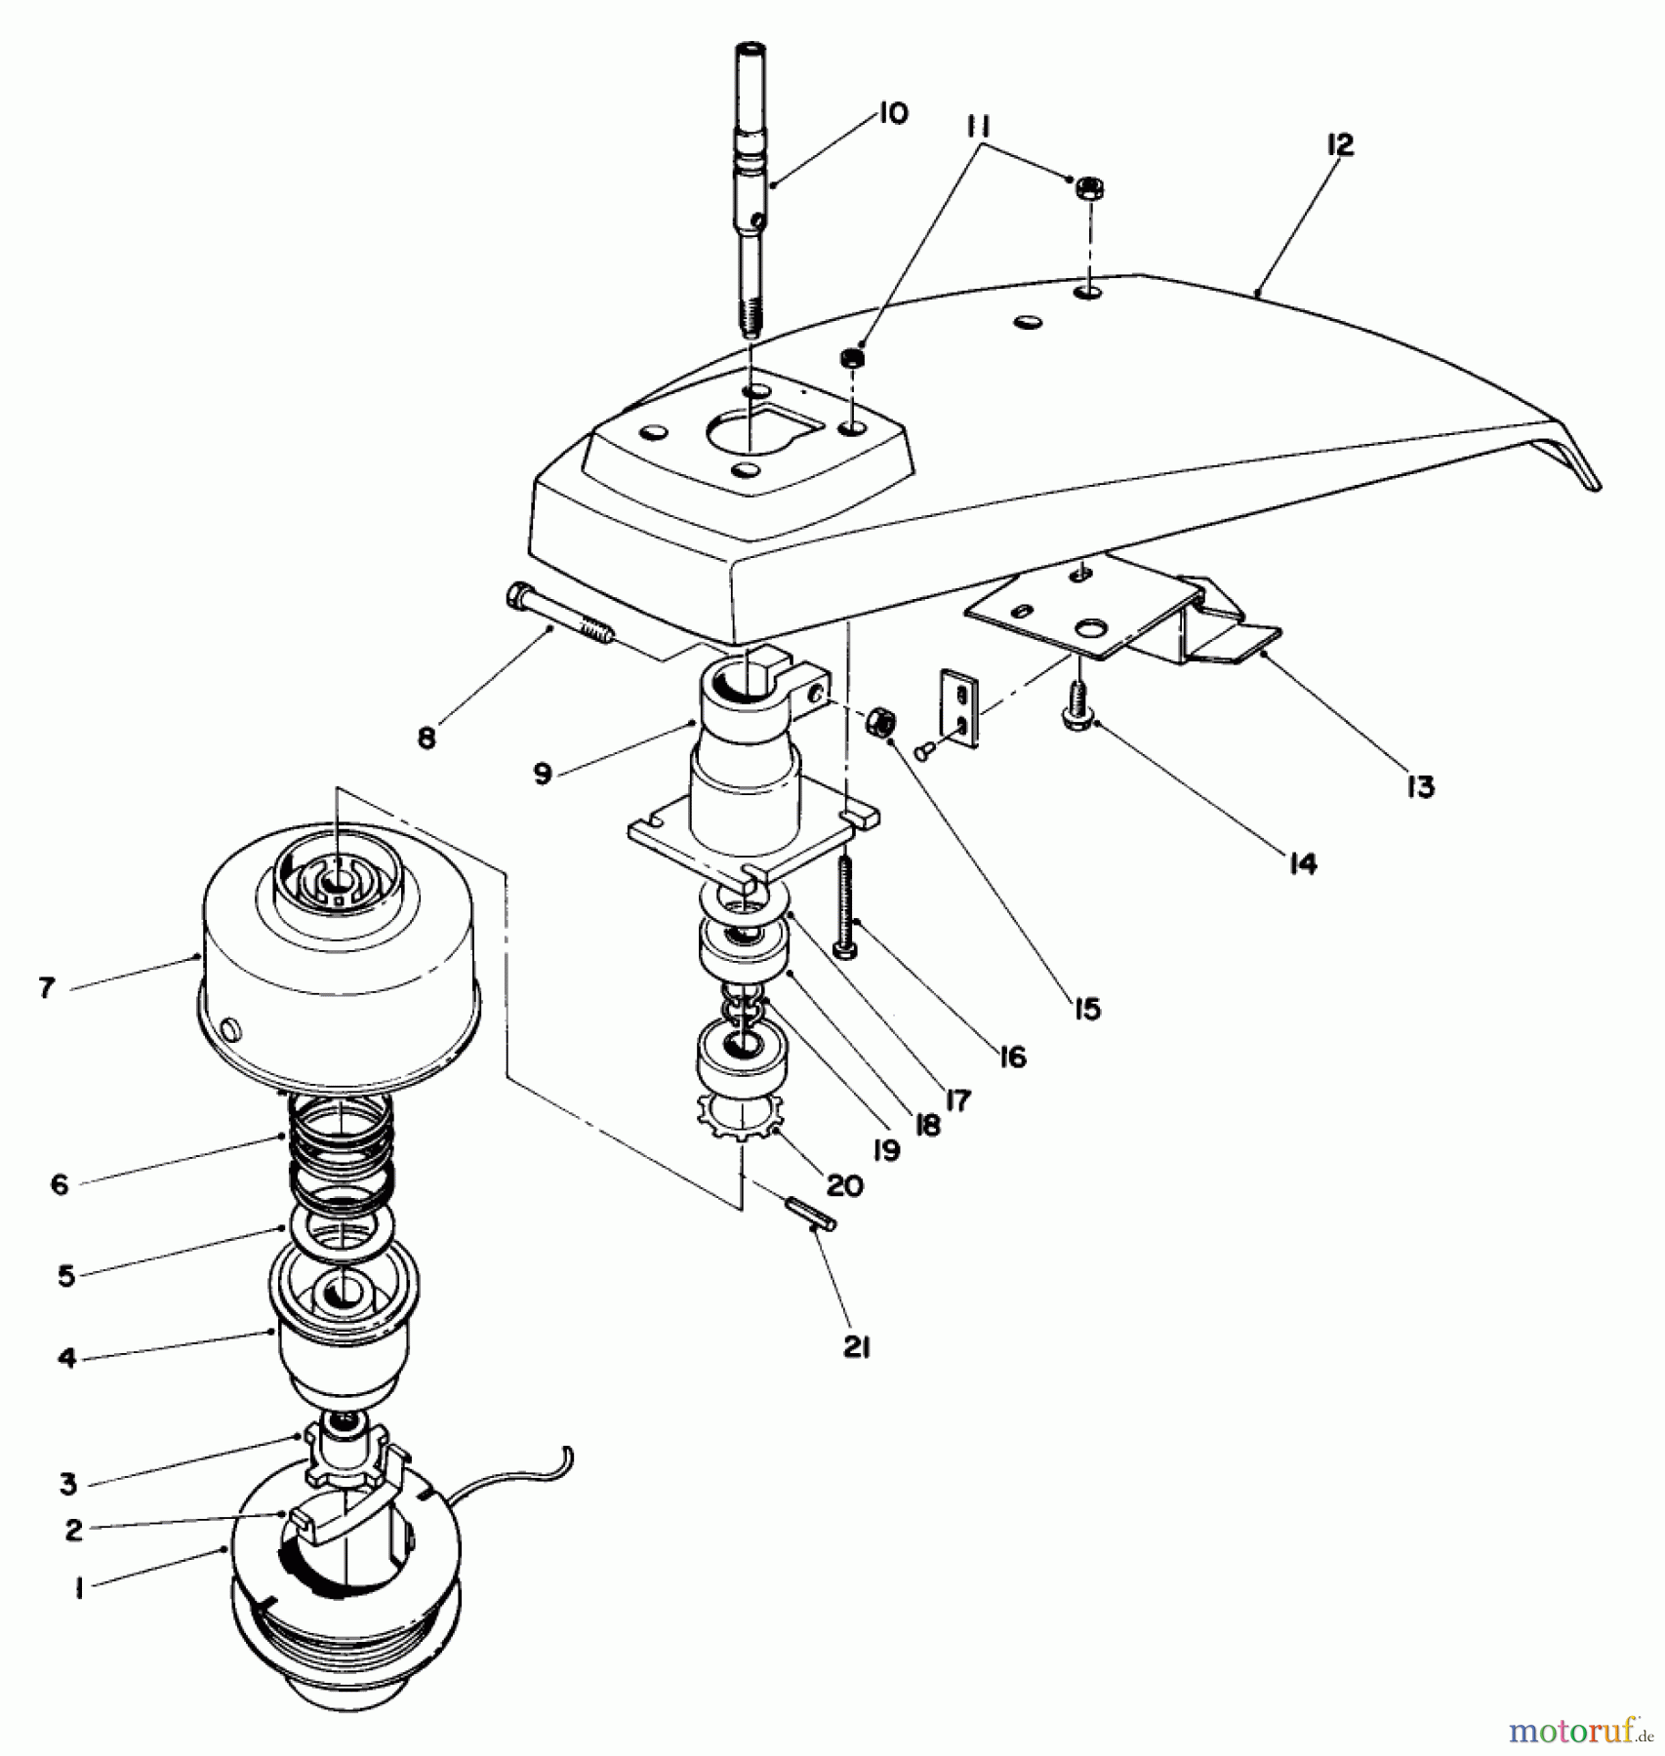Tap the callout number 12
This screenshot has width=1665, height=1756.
(1341, 145)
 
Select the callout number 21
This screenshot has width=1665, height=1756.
(856, 1347)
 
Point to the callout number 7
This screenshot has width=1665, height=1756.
(47, 987)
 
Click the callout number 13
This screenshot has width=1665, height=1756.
(1420, 785)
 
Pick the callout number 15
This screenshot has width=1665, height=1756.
(1086, 1008)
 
